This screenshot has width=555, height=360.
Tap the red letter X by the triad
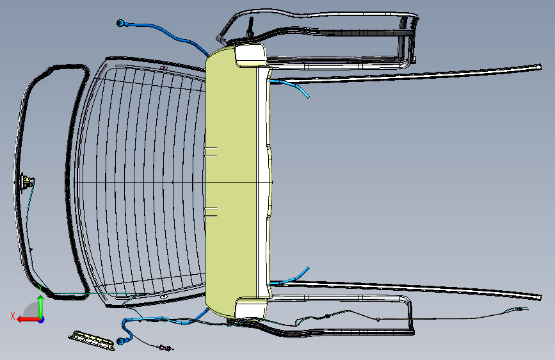pyautogui.click(x=13, y=315)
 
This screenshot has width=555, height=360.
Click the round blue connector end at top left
pyautogui.click(x=120, y=24)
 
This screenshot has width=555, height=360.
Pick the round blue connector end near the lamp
pyautogui.click(x=121, y=342)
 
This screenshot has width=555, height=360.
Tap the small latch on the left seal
pyautogui.click(x=26, y=182)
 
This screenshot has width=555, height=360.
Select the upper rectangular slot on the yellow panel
pyautogui.click(x=211, y=152)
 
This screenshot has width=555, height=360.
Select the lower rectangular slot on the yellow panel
pyautogui.click(x=211, y=212)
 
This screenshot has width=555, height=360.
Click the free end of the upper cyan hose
pyautogui.click(x=308, y=96)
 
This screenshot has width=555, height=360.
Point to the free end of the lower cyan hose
pyautogui.click(x=308, y=268)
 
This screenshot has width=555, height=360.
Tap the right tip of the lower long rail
pyautogui.click(x=540, y=297)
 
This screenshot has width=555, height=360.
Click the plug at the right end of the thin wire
pyautogui.click(x=524, y=311)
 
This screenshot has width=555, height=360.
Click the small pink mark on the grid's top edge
pyautogui.click(x=163, y=68)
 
